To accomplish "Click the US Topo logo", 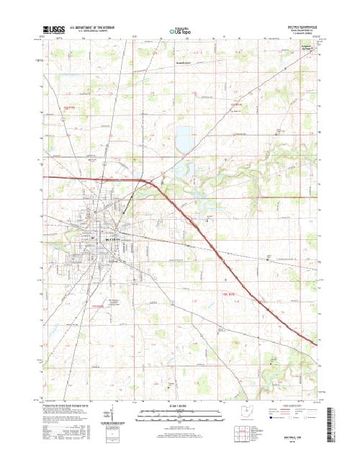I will click(180, 31).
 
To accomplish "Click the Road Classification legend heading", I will click(288, 406).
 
